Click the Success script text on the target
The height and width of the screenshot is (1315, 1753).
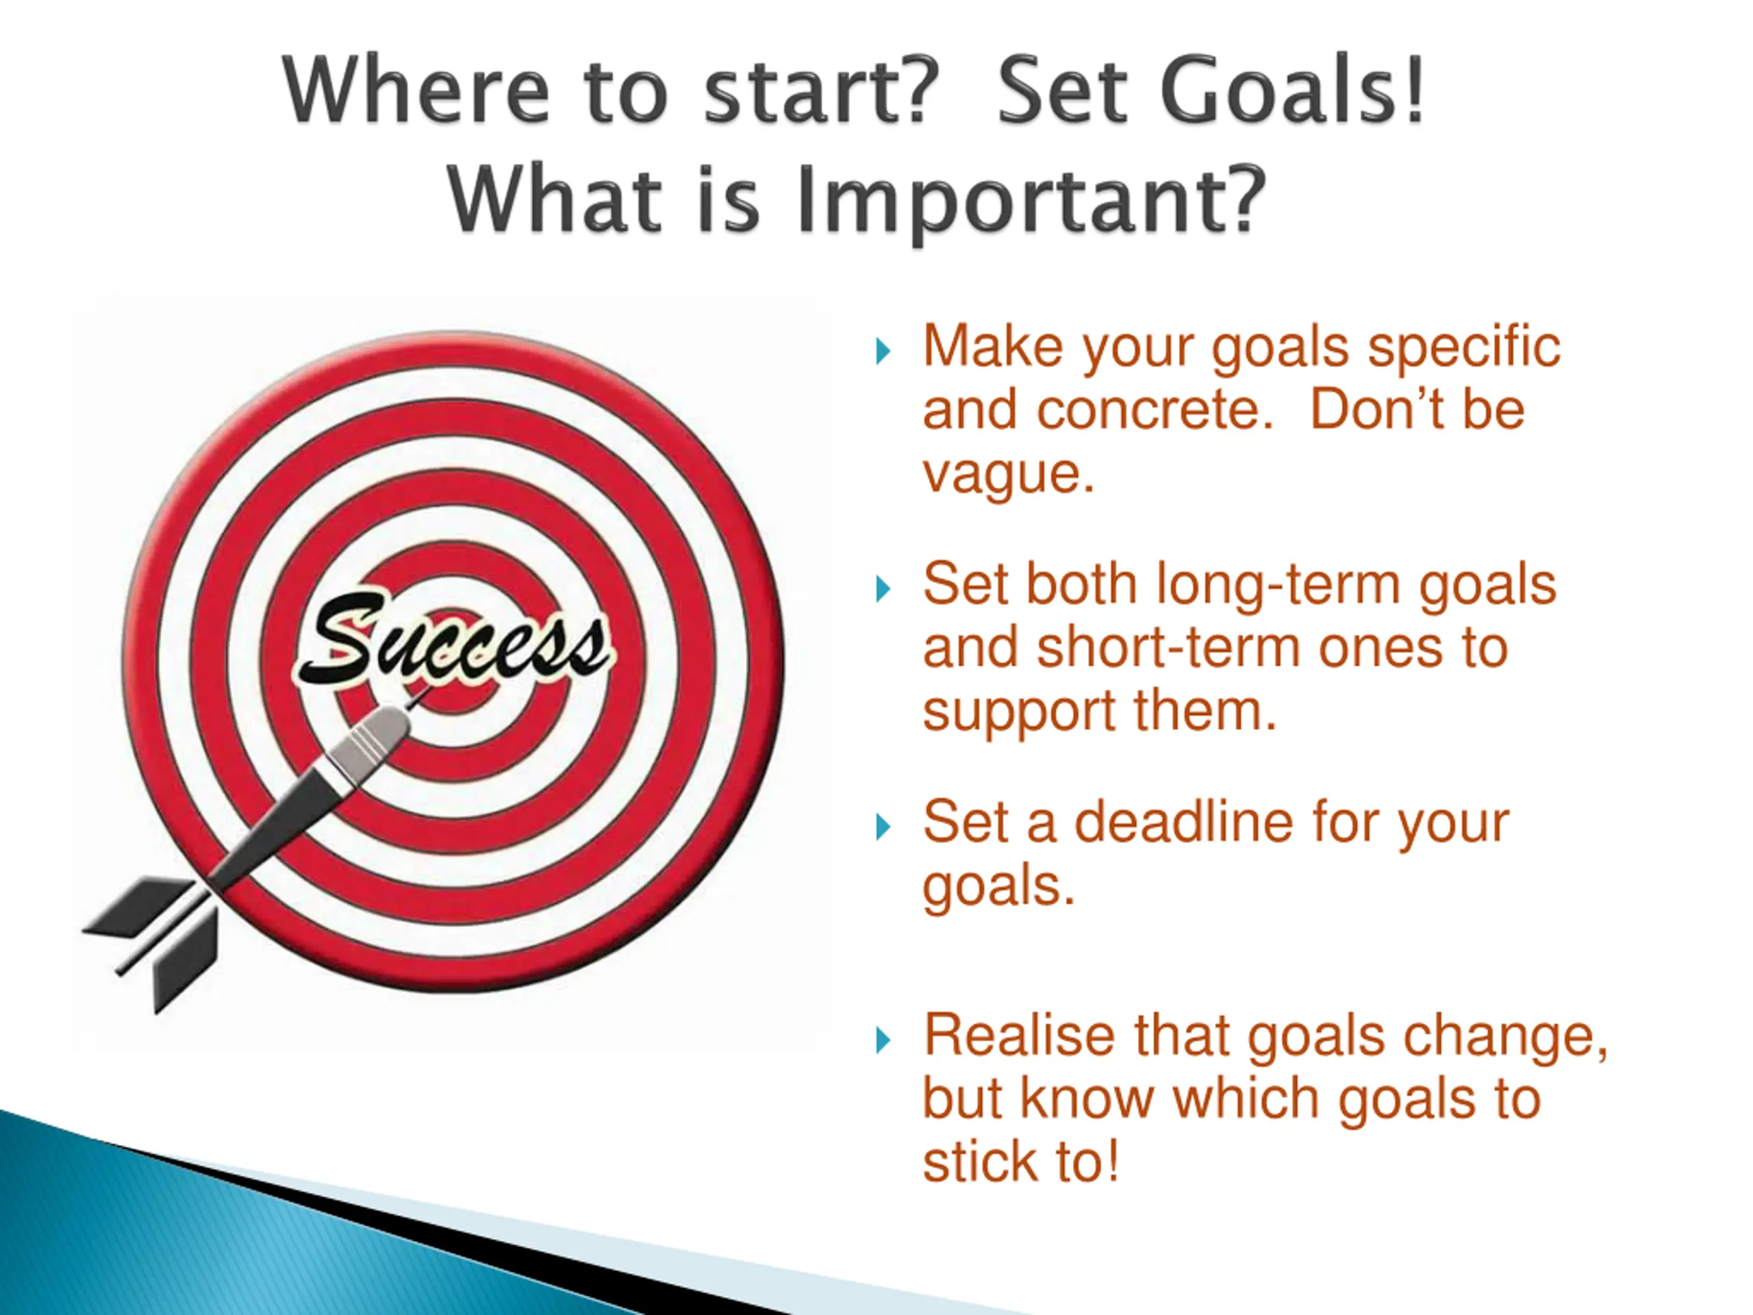pos(453,638)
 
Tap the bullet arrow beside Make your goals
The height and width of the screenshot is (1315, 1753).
pos(883,351)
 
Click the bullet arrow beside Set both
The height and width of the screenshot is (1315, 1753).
pos(883,589)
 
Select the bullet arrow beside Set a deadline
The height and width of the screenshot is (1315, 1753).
pos(883,827)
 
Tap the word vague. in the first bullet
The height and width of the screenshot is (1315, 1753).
pos(1008,475)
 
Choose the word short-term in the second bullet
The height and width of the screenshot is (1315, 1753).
pos(1168,649)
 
